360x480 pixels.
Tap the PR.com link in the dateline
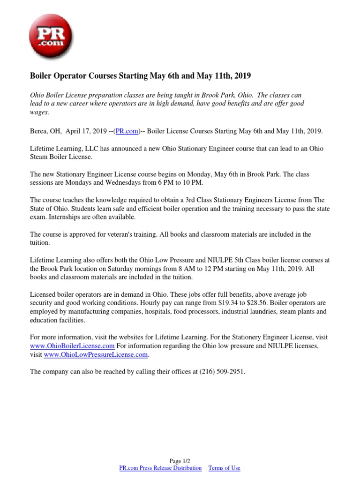[x=130, y=131]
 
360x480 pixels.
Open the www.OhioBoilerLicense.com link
[x=72, y=345]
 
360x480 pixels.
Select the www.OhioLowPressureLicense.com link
[x=96, y=355]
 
